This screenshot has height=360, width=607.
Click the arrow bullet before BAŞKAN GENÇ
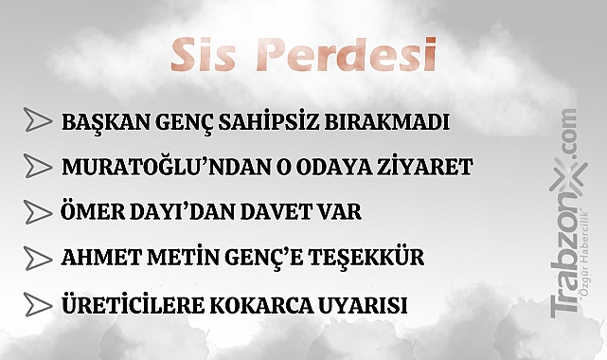(x=38, y=121)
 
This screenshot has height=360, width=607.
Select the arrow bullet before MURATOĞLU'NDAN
(x=38, y=167)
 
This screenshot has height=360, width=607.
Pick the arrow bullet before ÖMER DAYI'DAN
(x=38, y=211)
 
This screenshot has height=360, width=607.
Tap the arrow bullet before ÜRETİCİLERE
(x=38, y=306)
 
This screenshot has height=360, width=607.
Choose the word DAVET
(x=271, y=213)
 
